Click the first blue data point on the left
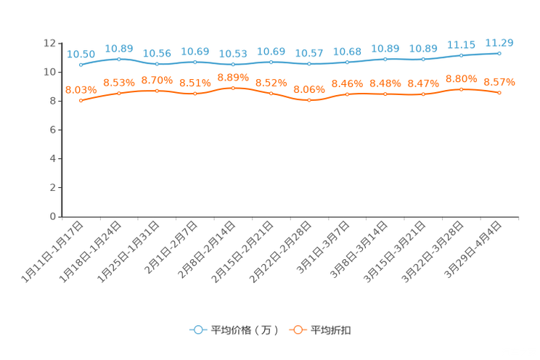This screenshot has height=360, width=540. pos(81,65)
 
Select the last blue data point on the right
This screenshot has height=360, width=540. pos(499,53)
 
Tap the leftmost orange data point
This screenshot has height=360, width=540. pos(81,101)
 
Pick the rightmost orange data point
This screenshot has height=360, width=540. pos(499,93)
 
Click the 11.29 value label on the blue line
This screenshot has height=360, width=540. pos(499,43)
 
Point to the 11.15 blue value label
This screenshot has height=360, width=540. pos(462,45)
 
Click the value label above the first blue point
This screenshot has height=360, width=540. pos(81,54)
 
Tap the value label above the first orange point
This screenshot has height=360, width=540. pos(81,90)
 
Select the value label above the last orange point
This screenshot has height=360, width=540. pos(499,81)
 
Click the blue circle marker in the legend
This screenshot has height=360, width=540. pos(197,330)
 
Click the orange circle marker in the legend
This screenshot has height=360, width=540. pos(297,330)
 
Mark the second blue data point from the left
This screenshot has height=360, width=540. pos(119,59)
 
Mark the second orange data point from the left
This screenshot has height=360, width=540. pos(119,93)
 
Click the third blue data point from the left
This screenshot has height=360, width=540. pos(157,64)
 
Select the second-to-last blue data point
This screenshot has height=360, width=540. pos(462,55)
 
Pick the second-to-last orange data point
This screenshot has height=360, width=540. pos(462,89)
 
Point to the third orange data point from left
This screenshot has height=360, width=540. pos(157,91)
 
